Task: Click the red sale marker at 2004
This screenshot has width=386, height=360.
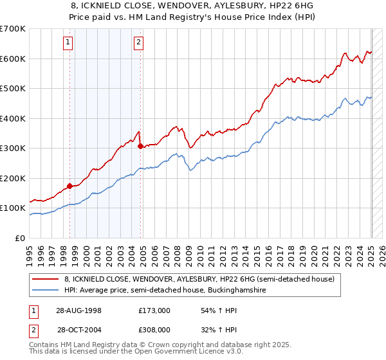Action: (x=140, y=146)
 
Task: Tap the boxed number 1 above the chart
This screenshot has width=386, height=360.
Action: (x=68, y=43)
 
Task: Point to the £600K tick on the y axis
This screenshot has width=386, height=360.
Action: (x=13, y=59)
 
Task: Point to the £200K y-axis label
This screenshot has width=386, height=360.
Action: (x=13, y=178)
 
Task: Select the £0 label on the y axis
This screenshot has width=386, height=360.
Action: (x=21, y=238)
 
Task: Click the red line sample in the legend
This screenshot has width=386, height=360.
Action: (x=46, y=280)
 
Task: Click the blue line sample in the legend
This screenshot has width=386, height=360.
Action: (x=46, y=291)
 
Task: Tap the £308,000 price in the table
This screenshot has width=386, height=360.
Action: (x=154, y=329)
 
